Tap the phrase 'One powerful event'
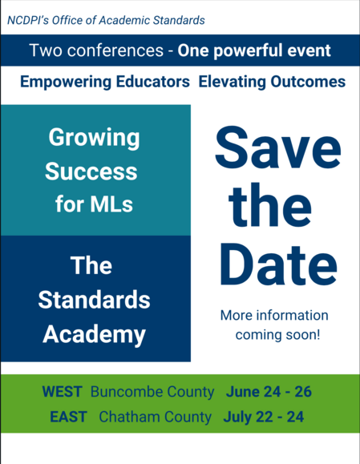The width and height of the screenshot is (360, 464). click(254, 50)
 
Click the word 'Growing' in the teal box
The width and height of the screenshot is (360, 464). click(94, 138)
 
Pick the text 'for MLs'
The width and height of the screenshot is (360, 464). click(94, 204)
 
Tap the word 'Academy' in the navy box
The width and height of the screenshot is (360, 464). click(94, 333)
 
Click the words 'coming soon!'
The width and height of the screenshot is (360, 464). click(277, 334)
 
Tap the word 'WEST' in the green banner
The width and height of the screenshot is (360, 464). click(63, 393)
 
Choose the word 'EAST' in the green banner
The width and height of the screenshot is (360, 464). click(68, 418)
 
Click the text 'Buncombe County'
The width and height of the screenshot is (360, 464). click(152, 393)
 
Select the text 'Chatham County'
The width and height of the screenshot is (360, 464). click(156, 418)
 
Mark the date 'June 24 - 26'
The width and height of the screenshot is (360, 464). click(269, 393)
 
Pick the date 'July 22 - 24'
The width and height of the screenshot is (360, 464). click(265, 418)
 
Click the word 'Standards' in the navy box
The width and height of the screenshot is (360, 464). click(94, 300)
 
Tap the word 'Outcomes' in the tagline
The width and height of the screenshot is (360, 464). click(308, 82)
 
